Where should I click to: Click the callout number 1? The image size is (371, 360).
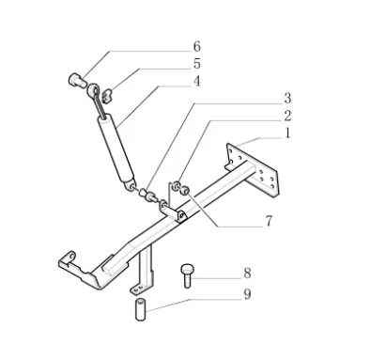(x=287, y=133)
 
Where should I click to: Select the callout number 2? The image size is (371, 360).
(x=287, y=116)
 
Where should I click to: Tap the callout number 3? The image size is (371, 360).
(x=287, y=99)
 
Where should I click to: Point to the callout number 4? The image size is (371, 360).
(x=196, y=82)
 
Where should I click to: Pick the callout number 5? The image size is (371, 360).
(x=196, y=64)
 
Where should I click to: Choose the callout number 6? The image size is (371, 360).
(x=196, y=47)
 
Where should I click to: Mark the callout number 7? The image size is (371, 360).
(x=269, y=221)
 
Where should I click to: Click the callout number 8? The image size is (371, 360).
(x=247, y=273)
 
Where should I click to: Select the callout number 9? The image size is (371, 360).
(x=247, y=294)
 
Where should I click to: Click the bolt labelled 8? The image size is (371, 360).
(x=187, y=275)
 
